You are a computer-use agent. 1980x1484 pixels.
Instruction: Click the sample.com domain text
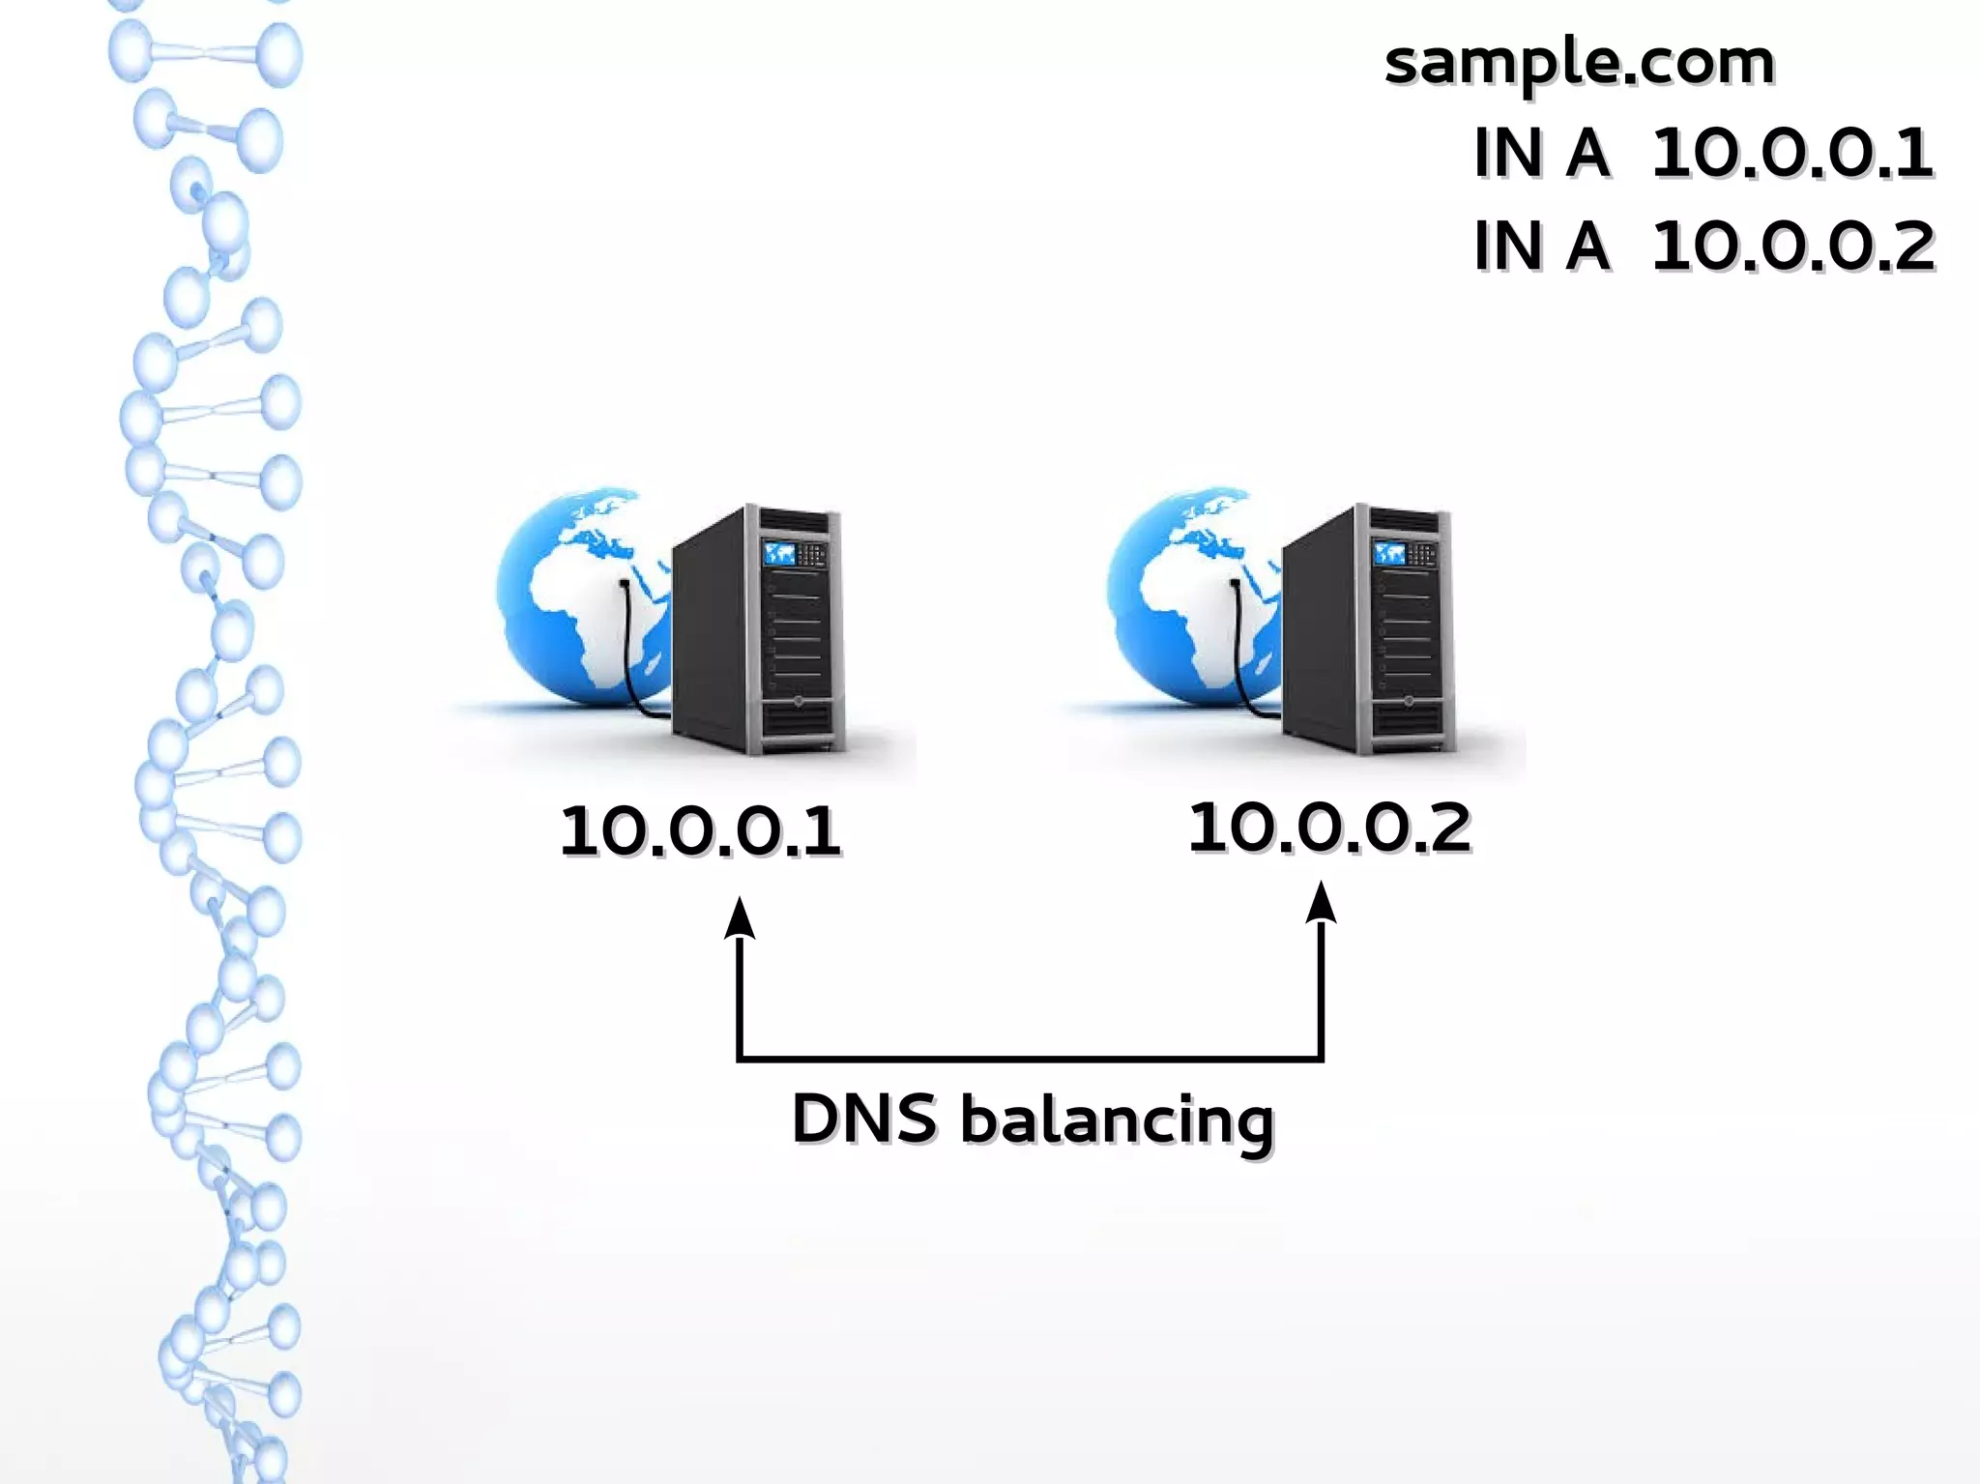(1579, 64)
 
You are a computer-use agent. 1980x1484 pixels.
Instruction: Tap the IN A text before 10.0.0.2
(1541, 247)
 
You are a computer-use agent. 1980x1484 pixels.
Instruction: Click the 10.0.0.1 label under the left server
(700, 831)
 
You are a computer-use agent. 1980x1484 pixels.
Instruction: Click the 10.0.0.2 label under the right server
(1329, 829)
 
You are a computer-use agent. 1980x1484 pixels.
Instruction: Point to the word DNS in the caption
(864, 1120)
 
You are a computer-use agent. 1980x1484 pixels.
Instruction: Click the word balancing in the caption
(1117, 1121)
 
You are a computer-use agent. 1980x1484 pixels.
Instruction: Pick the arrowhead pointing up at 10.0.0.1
(740, 918)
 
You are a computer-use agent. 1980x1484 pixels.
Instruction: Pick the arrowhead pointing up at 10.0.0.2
(1321, 905)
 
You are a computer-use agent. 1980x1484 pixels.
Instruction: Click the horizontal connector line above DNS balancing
(1030, 1060)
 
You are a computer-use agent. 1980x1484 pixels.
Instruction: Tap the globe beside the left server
(570, 590)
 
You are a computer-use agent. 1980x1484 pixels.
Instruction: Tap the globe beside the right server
(1179, 590)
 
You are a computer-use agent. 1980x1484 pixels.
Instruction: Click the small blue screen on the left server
(778, 554)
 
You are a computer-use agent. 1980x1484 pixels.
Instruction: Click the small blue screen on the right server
(1388, 553)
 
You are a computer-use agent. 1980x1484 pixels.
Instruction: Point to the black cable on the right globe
(1239, 648)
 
